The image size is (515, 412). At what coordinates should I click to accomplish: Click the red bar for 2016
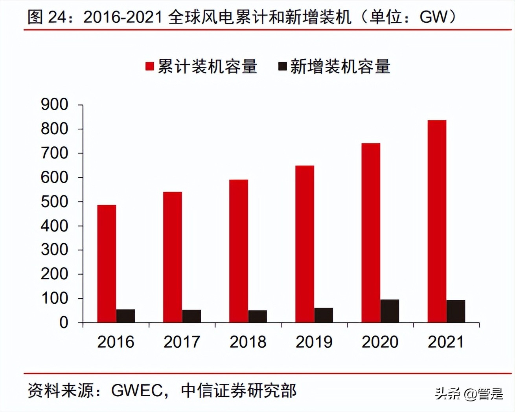point(107,264)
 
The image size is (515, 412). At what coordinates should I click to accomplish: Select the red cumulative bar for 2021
point(437,221)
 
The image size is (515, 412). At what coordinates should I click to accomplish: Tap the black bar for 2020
point(390,311)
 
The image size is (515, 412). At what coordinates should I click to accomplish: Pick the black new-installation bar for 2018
point(257,316)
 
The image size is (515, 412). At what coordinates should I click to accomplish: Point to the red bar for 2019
point(305,244)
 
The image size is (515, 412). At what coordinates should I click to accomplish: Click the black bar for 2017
point(191,316)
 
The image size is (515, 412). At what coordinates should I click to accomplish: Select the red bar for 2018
point(239,251)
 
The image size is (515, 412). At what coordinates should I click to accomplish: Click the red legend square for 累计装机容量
point(149,66)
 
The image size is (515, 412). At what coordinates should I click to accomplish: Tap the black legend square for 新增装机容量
point(282,66)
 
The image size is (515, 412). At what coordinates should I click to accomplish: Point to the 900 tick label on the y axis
point(54,104)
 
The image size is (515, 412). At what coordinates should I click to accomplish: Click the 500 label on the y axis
point(54,202)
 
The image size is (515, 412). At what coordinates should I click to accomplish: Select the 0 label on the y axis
point(63,323)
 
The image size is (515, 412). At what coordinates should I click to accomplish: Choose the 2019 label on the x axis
point(314,342)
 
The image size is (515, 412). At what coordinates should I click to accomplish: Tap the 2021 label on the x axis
point(446,342)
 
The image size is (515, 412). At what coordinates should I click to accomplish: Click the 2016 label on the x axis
point(116,342)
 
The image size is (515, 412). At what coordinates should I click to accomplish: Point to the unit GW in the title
point(434,17)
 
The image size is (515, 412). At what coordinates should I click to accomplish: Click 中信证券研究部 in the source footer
point(239,390)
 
